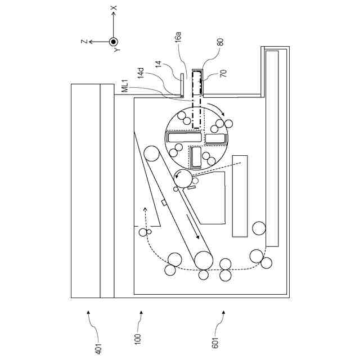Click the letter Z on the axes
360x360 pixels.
(83, 41)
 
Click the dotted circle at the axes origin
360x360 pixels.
(113, 41)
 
